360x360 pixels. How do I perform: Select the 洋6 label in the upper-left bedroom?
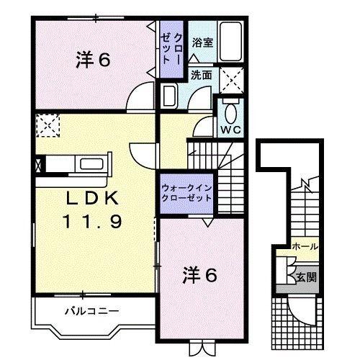(x=93, y=60)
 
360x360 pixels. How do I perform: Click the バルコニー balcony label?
(x=90, y=312)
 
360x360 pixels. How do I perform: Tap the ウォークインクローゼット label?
(x=186, y=192)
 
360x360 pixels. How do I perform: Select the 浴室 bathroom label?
(x=202, y=42)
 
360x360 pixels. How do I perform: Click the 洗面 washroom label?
(x=201, y=75)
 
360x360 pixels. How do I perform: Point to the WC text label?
(x=230, y=130)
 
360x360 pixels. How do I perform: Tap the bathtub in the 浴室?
(x=231, y=42)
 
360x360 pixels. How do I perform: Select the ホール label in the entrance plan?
(x=305, y=246)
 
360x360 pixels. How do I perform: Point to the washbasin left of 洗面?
(x=170, y=96)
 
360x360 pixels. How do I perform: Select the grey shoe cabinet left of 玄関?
(x=282, y=274)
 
